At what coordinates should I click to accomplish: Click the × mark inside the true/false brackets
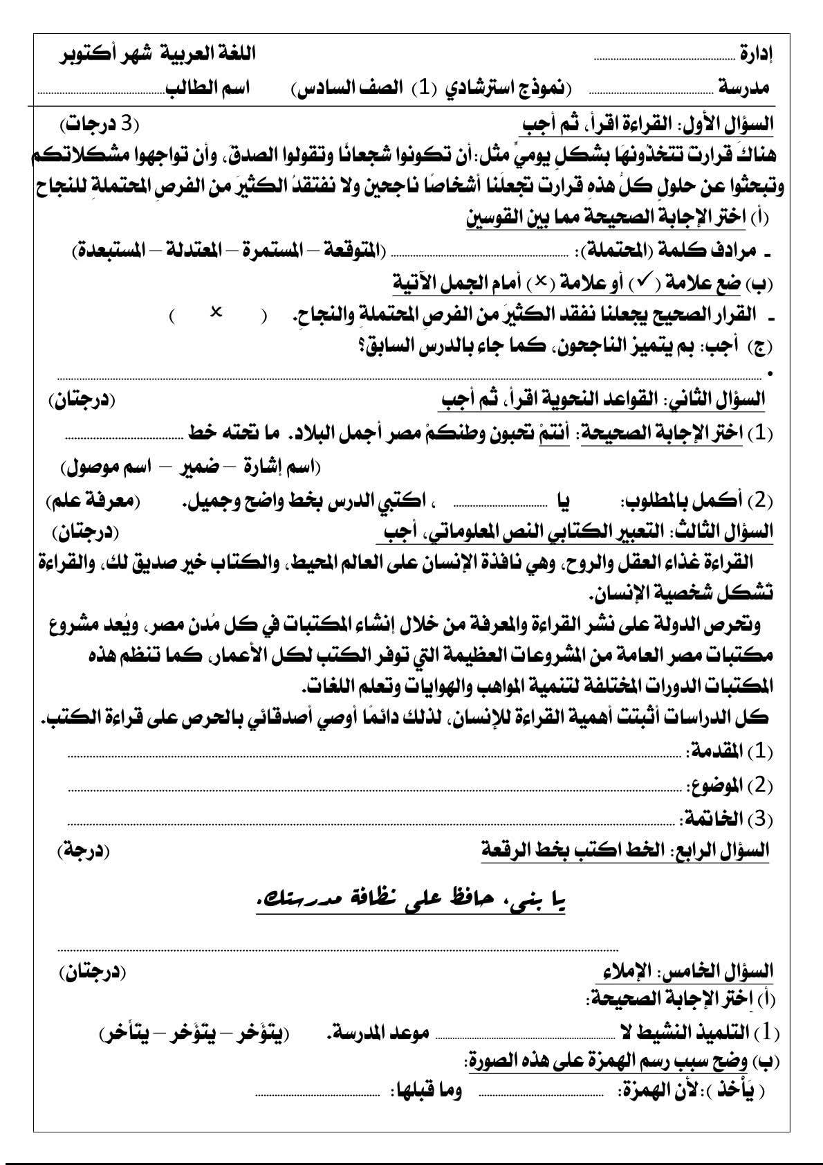pyautogui.click(x=216, y=313)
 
